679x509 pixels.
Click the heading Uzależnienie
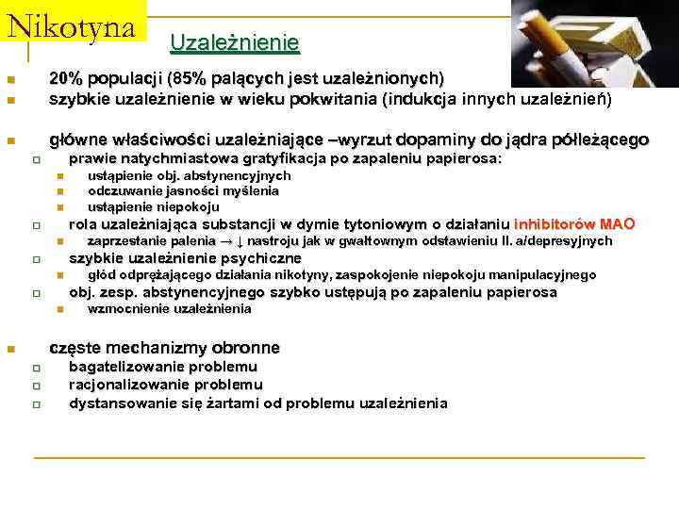click(234, 43)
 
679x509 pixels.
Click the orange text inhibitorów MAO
click(574, 224)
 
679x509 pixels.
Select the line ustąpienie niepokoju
click(153, 206)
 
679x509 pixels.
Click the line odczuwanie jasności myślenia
click(183, 190)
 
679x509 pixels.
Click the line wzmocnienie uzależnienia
click(169, 308)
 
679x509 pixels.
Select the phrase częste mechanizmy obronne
click(164, 347)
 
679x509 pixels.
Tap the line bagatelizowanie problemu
click(162, 367)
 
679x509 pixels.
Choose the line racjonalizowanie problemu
click(165, 385)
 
